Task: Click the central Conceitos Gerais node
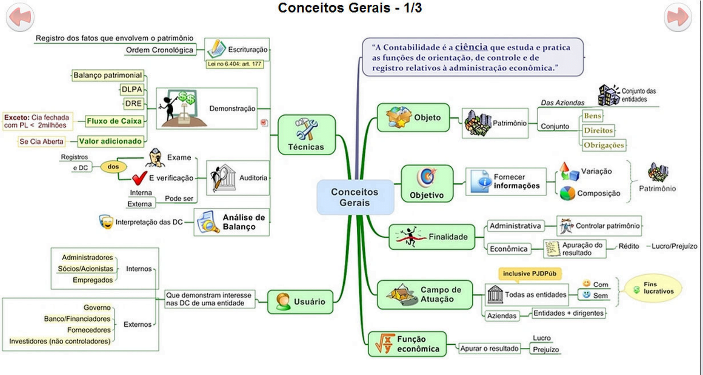(x=355, y=197)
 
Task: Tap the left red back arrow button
(x=20, y=17)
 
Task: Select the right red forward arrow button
(x=678, y=17)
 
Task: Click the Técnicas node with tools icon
(x=306, y=135)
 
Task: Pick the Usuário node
(x=300, y=302)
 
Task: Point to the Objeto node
(x=413, y=118)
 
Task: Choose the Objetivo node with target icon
(x=427, y=184)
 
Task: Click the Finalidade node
(x=431, y=237)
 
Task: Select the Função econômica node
(x=407, y=344)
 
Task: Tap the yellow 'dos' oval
(x=113, y=167)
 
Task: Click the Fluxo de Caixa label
(x=114, y=121)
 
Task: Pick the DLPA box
(x=132, y=89)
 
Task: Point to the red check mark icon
(x=139, y=178)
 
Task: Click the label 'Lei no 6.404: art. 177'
(x=235, y=64)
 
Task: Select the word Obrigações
(x=604, y=145)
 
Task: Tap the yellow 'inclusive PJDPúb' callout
(x=529, y=273)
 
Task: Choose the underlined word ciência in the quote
(x=471, y=47)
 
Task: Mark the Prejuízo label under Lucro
(x=546, y=350)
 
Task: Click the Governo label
(x=97, y=307)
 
